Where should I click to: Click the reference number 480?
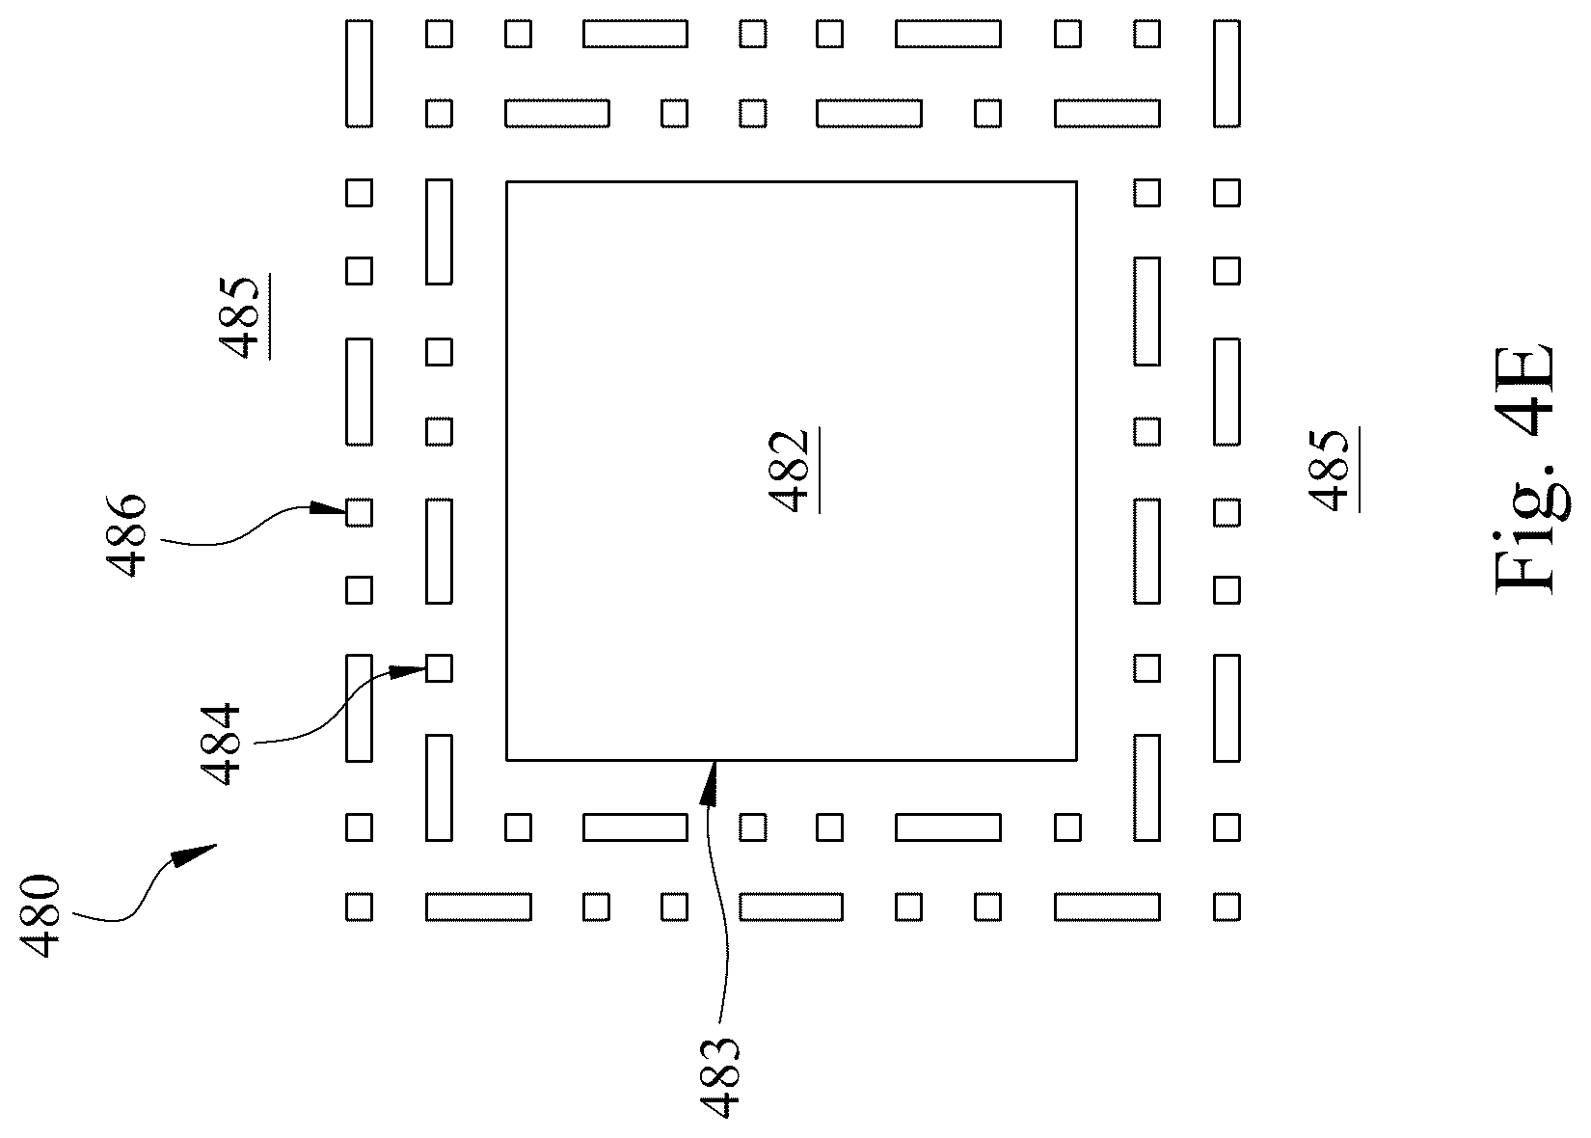(x=40, y=916)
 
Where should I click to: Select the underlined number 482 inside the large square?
(x=789, y=471)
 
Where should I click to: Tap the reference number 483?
(x=718, y=1077)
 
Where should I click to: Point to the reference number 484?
(x=220, y=744)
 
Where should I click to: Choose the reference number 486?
(x=125, y=535)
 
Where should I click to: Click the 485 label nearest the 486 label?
(x=239, y=317)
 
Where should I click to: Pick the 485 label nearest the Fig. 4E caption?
(x=1328, y=471)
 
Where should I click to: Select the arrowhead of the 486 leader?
(x=328, y=508)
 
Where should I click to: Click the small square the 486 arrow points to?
(x=359, y=512)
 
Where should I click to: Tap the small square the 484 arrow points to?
(x=439, y=668)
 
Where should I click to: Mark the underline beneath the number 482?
(x=819, y=470)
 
